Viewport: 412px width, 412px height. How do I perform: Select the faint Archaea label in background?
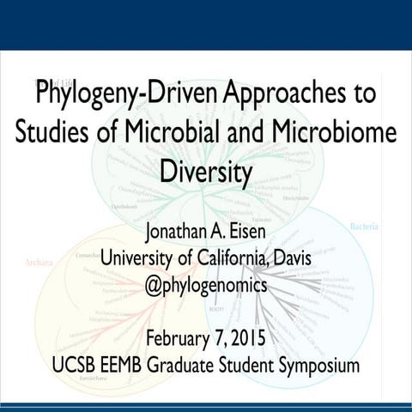pos(39,262)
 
